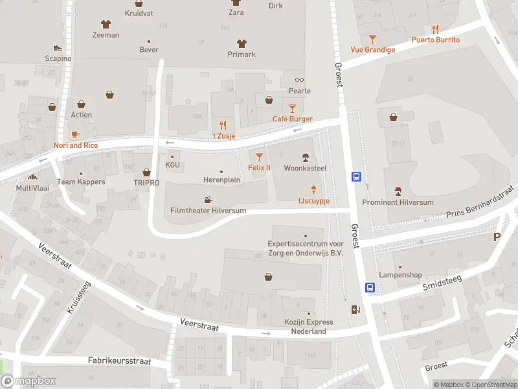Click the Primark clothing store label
pyautogui.click(x=242, y=54)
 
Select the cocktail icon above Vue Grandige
pyautogui.click(x=372, y=39)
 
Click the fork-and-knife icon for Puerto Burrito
pyautogui.click(x=436, y=29)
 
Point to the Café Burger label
pyautogui.click(x=292, y=119)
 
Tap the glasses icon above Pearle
pyautogui.click(x=299, y=80)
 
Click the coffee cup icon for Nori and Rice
pyautogui.click(x=75, y=134)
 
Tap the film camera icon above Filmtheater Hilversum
pyautogui.click(x=207, y=200)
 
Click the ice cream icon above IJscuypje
pyautogui.click(x=314, y=189)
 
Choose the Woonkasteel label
pyautogui.click(x=306, y=168)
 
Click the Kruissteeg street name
pyautogui.click(x=78, y=298)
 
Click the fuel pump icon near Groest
pyautogui.click(x=354, y=309)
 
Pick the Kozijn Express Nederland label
pyautogui.click(x=309, y=327)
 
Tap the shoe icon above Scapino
pyautogui.click(x=58, y=47)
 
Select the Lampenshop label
pyautogui.click(x=400, y=275)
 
